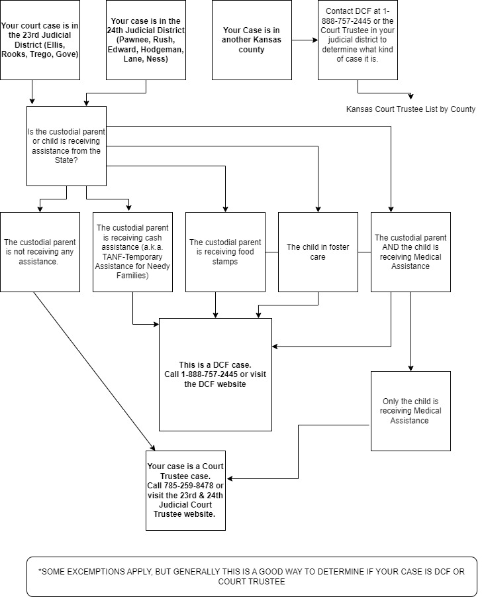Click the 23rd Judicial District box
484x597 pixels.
click(40, 40)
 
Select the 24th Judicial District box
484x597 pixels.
click(146, 40)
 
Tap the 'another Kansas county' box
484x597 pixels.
click(252, 40)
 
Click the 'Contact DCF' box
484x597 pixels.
click(358, 40)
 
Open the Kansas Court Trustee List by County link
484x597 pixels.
click(411, 109)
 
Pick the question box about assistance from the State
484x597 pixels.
click(66, 146)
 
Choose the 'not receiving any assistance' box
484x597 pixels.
click(40, 252)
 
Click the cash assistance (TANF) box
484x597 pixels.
click(132, 252)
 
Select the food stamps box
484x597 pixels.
click(225, 252)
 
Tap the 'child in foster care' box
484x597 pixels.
click(318, 252)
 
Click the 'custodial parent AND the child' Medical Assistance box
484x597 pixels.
click(411, 252)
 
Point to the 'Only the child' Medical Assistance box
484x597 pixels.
click(411, 411)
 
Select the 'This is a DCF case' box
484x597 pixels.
click(215, 374)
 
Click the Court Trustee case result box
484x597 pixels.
click(185, 490)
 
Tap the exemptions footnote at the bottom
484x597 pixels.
click(252, 576)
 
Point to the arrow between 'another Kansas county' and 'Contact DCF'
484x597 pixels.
click(305, 40)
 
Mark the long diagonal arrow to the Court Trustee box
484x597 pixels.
click(95, 371)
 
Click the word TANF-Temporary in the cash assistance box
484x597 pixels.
click(132, 256)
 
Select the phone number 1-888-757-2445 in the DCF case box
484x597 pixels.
click(209, 374)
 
